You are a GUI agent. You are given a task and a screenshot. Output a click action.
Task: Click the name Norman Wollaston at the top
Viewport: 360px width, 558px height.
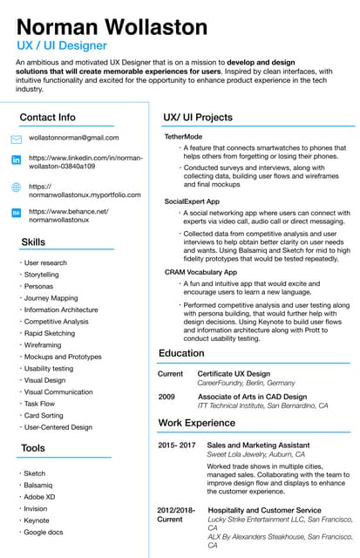[112, 25]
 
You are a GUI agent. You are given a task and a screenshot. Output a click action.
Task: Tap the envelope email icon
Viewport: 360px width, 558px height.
[16, 139]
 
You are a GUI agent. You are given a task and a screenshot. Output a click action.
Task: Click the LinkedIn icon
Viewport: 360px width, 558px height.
[16, 160]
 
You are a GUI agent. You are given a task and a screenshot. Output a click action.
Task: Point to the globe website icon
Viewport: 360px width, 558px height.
[16, 187]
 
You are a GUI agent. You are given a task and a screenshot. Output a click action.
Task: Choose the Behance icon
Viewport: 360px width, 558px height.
[16, 213]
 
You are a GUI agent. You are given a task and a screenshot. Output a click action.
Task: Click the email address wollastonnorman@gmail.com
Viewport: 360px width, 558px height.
[73, 138]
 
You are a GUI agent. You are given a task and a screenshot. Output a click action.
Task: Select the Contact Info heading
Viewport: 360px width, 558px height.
[47, 118]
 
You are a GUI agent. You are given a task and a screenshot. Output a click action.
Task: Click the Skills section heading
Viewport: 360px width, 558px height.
[33, 242]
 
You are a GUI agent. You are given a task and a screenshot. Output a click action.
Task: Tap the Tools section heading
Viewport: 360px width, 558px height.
[33, 448]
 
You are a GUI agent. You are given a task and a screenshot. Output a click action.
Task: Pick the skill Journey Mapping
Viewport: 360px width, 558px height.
[51, 298]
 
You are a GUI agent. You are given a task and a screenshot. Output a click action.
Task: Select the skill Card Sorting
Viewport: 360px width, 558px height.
[44, 416]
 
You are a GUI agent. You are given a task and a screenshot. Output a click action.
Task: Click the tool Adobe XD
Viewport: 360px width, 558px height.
[39, 496]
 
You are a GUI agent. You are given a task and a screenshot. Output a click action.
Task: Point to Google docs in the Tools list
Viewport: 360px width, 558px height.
[44, 532]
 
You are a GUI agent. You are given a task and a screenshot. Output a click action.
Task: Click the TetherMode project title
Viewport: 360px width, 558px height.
[183, 137]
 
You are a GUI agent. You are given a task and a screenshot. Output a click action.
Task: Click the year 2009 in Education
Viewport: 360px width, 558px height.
[166, 396]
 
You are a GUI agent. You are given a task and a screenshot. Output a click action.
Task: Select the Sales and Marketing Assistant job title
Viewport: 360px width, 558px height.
[257, 445]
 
